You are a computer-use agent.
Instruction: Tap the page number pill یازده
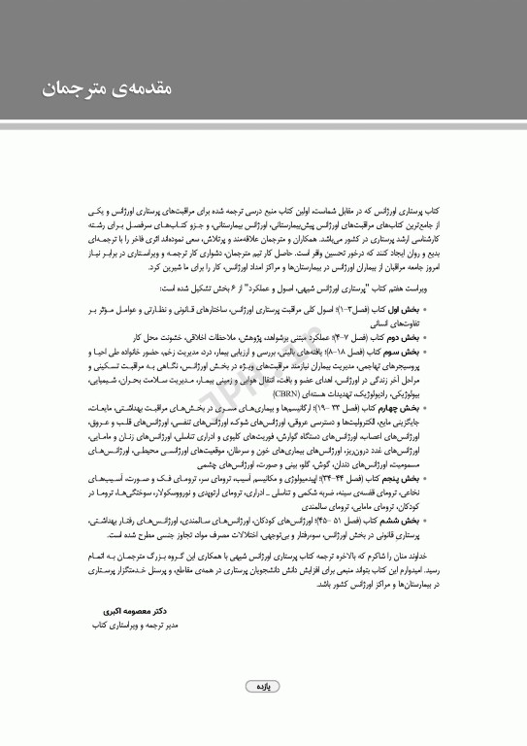coord(263,686)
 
